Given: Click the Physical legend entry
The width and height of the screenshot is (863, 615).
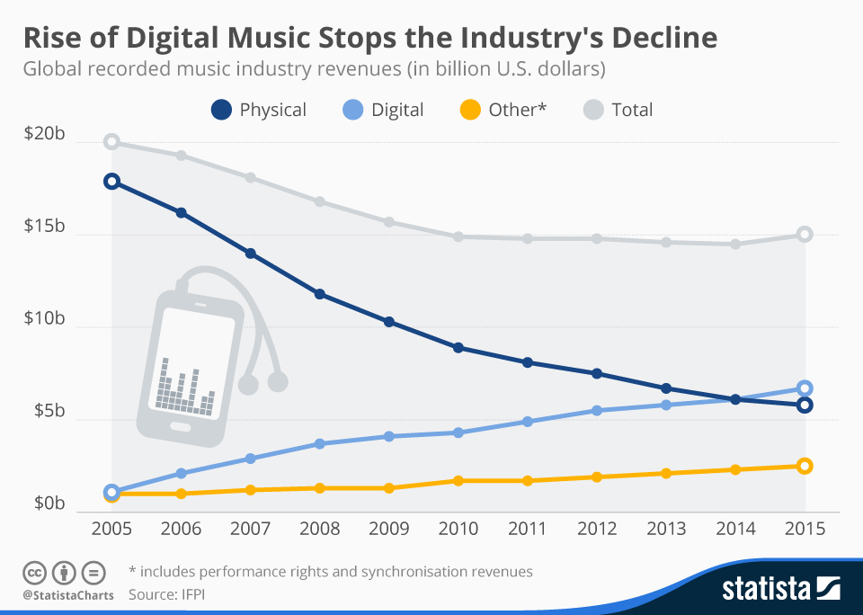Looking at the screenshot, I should coord(259,110).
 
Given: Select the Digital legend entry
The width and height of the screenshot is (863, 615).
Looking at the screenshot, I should coord(383,110).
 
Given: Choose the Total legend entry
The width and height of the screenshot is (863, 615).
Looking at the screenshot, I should coord(618,110).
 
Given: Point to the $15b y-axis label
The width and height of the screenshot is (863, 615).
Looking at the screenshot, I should coord(44,227).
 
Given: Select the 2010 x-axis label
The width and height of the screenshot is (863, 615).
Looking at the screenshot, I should coord(458,529).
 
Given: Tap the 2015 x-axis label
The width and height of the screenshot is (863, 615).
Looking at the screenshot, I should coord(805,529).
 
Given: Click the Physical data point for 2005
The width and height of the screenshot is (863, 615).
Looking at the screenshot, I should coord(111,181).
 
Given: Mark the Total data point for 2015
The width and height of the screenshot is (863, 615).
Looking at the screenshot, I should coord(805,235).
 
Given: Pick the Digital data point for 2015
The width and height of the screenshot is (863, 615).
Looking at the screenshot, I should coord(805,388).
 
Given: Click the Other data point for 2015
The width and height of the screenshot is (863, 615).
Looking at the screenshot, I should coord(805,466).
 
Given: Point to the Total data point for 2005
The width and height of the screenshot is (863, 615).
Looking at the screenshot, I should coord(111,142).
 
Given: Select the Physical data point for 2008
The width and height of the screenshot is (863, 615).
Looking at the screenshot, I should coord(319,294).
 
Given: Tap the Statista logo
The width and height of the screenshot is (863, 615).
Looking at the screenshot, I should coord(780,589).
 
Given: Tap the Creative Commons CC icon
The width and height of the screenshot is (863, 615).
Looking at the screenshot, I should coord(35,572).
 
